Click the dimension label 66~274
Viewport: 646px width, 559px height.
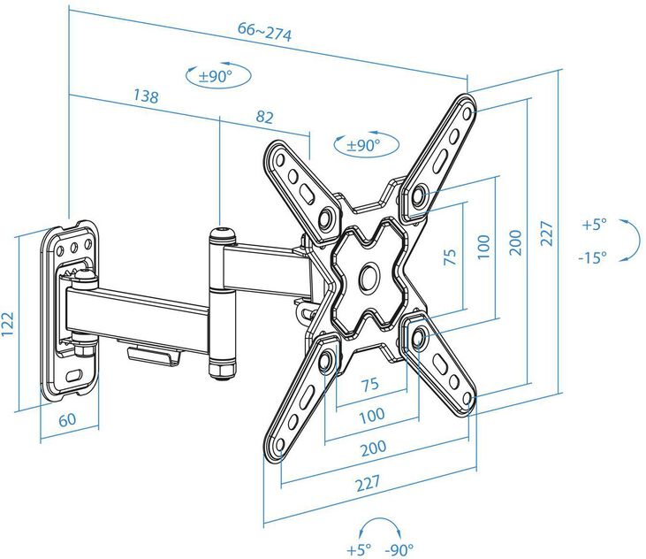[264, 31]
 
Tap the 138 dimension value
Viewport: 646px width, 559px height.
[146, 96]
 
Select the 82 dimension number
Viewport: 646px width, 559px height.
[264, 117]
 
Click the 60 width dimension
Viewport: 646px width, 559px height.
[67, 419]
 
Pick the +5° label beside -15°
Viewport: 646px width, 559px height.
[595, 225]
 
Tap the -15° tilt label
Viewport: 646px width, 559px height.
[592, 258]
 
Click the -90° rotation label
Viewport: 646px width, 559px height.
[399, 549]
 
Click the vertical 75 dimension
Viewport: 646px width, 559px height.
[451, 257]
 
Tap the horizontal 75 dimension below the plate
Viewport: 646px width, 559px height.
[370, 384]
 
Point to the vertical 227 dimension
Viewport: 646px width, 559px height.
[546, 234]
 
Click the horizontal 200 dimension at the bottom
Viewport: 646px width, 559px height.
[373, 448]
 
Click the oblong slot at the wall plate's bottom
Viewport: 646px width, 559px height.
[74, 376]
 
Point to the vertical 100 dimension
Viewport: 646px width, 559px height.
[483, 247]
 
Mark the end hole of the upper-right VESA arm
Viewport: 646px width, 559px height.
[467, 112]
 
